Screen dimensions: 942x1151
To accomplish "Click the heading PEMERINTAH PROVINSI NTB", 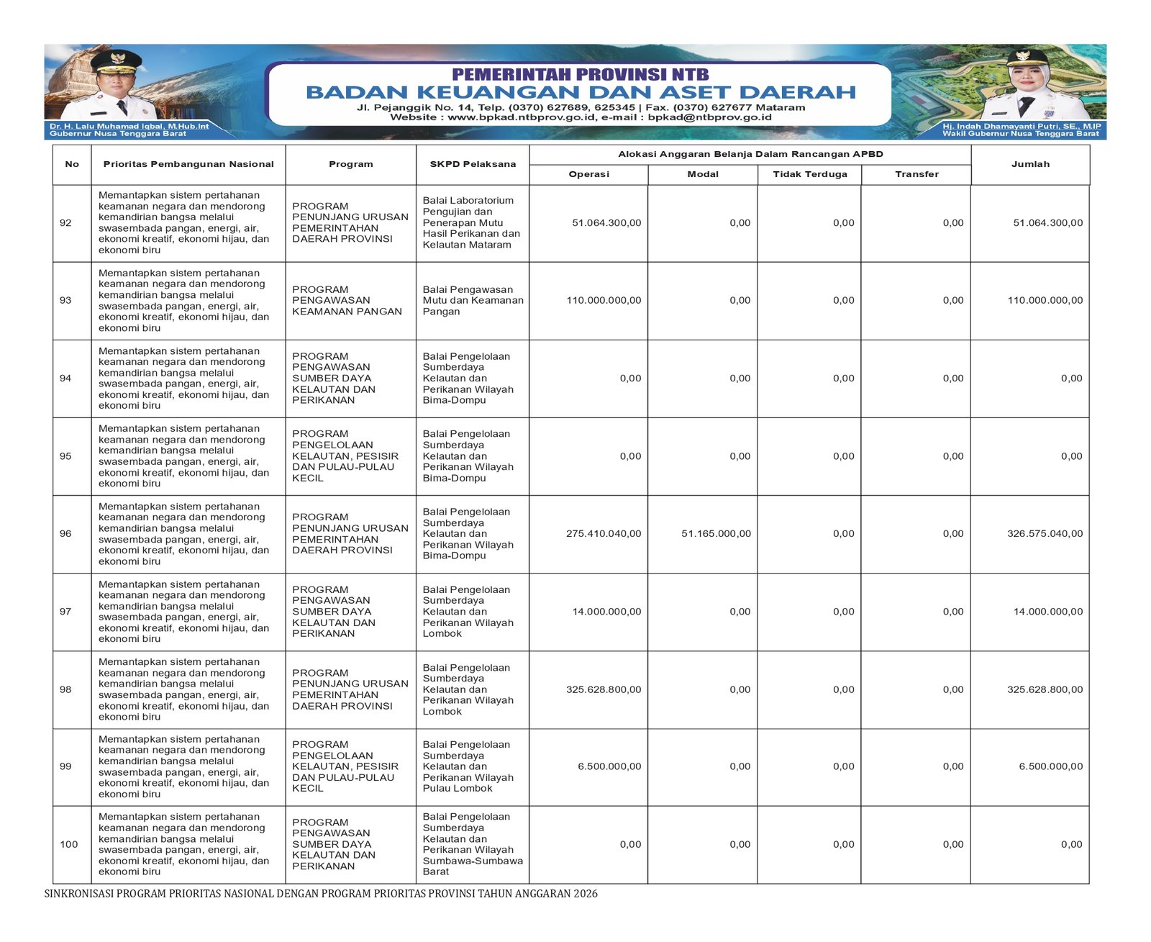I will (x=580, y=74).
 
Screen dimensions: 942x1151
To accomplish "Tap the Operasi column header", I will (x=588, y=174).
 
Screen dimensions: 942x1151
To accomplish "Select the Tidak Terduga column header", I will (x=810, y=174).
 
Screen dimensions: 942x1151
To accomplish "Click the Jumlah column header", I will (x=1030, y=164).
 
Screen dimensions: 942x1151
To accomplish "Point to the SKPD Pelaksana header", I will (x=473, y=164).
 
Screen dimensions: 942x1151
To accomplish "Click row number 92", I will (x=65, y=223).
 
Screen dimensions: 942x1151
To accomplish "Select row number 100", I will (x=69, y=844).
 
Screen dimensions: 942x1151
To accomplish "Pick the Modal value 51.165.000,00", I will (x=716, y=534).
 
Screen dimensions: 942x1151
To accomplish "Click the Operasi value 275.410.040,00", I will (x=604, y=534).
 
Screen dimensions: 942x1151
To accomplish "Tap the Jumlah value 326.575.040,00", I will (x=1045, y=534).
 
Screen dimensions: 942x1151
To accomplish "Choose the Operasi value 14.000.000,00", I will (x=606, y=612).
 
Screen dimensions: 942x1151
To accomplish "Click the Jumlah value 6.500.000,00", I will (x=1050, y=766).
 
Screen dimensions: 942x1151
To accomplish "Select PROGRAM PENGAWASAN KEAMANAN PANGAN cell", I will (x=347, y=301).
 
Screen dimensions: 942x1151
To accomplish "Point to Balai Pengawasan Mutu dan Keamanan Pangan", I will (x=473, y=301).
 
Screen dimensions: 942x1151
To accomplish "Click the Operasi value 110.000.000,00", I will (x=604, y=301).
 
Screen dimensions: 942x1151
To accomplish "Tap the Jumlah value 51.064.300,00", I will (x=1047, y=223).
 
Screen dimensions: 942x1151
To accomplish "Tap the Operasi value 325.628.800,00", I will (x=604, y=689).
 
